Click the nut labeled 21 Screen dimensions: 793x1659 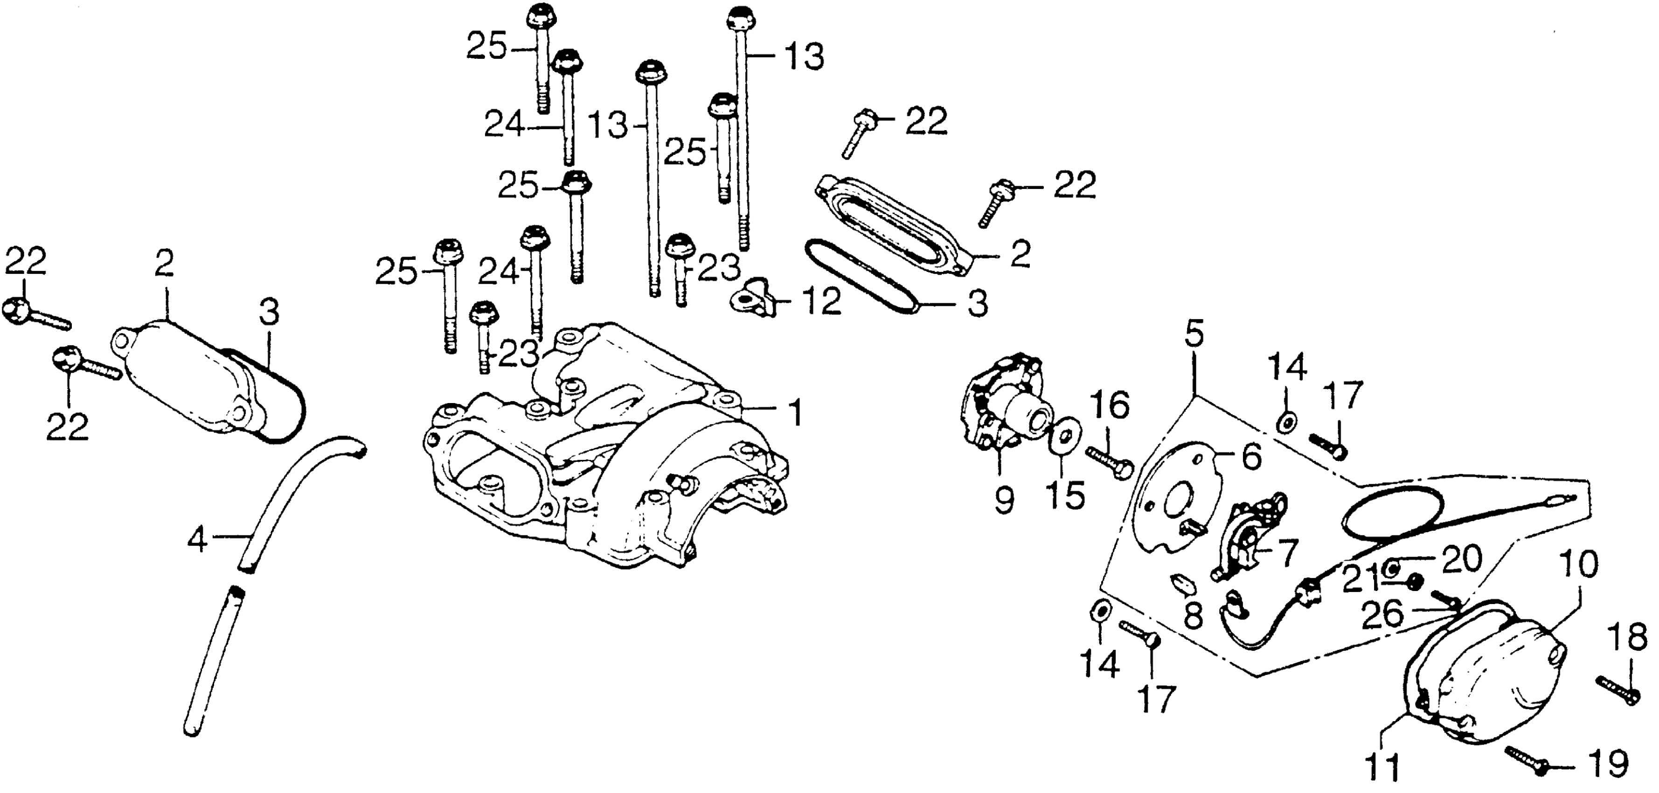pyautogui.click(x=1410, y=581)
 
